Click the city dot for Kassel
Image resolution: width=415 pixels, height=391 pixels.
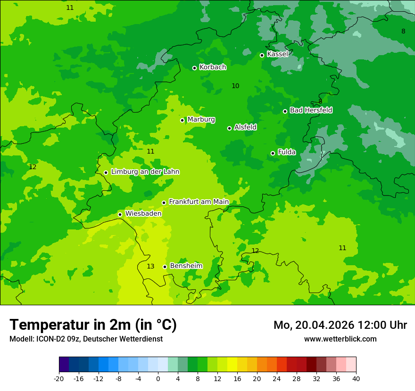[262, 55]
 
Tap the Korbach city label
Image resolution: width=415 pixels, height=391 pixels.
[213, 67]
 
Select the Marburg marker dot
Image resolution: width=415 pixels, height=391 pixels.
[182, 120]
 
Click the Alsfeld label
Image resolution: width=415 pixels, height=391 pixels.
[245, 127]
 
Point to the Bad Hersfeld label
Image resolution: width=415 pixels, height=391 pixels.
[311, 110]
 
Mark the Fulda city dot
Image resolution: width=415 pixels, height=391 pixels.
[273, 153]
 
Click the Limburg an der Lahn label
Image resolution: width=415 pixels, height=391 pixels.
[145, 172]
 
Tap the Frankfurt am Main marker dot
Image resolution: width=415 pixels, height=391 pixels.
[164, 203]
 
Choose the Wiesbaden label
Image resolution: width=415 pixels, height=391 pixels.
[143, 213]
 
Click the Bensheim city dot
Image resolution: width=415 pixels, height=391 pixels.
[165, 267]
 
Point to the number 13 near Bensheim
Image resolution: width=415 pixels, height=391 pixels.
[150, 267]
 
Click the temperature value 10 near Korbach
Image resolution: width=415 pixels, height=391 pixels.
[235, 86]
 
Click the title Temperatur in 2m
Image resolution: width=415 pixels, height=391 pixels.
[93, 325]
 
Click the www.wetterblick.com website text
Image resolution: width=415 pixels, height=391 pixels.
[340, 339]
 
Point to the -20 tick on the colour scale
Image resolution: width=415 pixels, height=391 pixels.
[59, 378]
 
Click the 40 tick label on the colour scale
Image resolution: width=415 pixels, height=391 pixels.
[356, 378]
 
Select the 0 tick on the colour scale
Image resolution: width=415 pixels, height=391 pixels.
[158, 378]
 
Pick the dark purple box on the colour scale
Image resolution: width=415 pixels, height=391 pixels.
[64, 365]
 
